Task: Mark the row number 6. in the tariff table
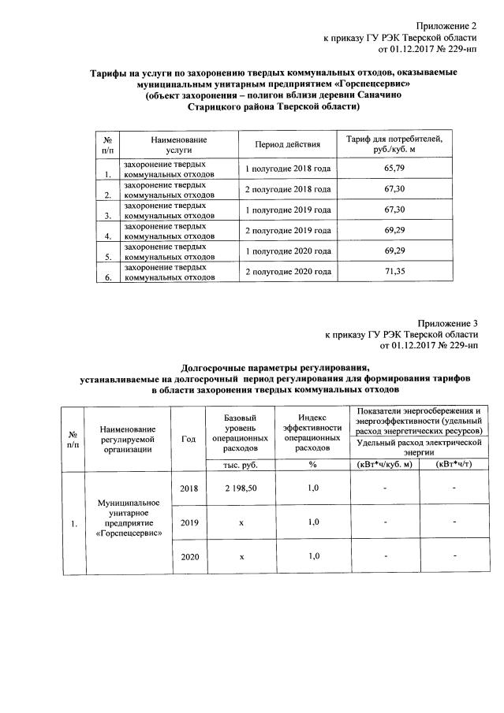[107, 277]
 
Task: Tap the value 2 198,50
[239, 488]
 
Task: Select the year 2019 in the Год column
[189, 522]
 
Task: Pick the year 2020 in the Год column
[189, 557]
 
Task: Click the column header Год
[189, 438]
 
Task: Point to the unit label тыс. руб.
[239, 465]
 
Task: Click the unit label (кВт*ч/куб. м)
[385, 465]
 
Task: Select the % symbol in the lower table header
[312, 465]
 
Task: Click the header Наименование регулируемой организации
[129, 438]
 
